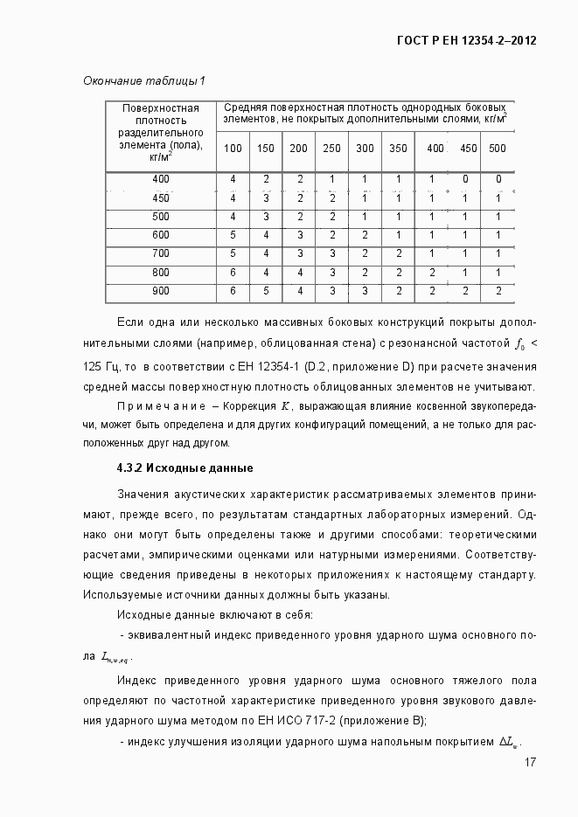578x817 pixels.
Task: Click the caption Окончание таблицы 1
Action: pos(143,81)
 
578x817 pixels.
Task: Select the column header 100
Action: pos(233,148)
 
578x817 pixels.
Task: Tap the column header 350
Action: pos(398,148)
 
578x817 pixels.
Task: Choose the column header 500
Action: pos(498,148)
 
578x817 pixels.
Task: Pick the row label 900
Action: pos(161,291)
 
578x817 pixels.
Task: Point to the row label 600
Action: pos(161,235)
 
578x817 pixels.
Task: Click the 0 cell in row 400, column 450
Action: pos(465,179)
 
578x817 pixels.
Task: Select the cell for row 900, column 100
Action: pos(233,291)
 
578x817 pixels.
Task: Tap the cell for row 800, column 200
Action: pos(299,273)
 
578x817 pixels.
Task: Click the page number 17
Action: pos(530,763)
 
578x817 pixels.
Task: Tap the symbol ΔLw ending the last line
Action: pos(509,742)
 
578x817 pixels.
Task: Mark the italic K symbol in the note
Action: pos(285,407)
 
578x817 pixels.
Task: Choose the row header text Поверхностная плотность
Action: pos(161,114)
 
